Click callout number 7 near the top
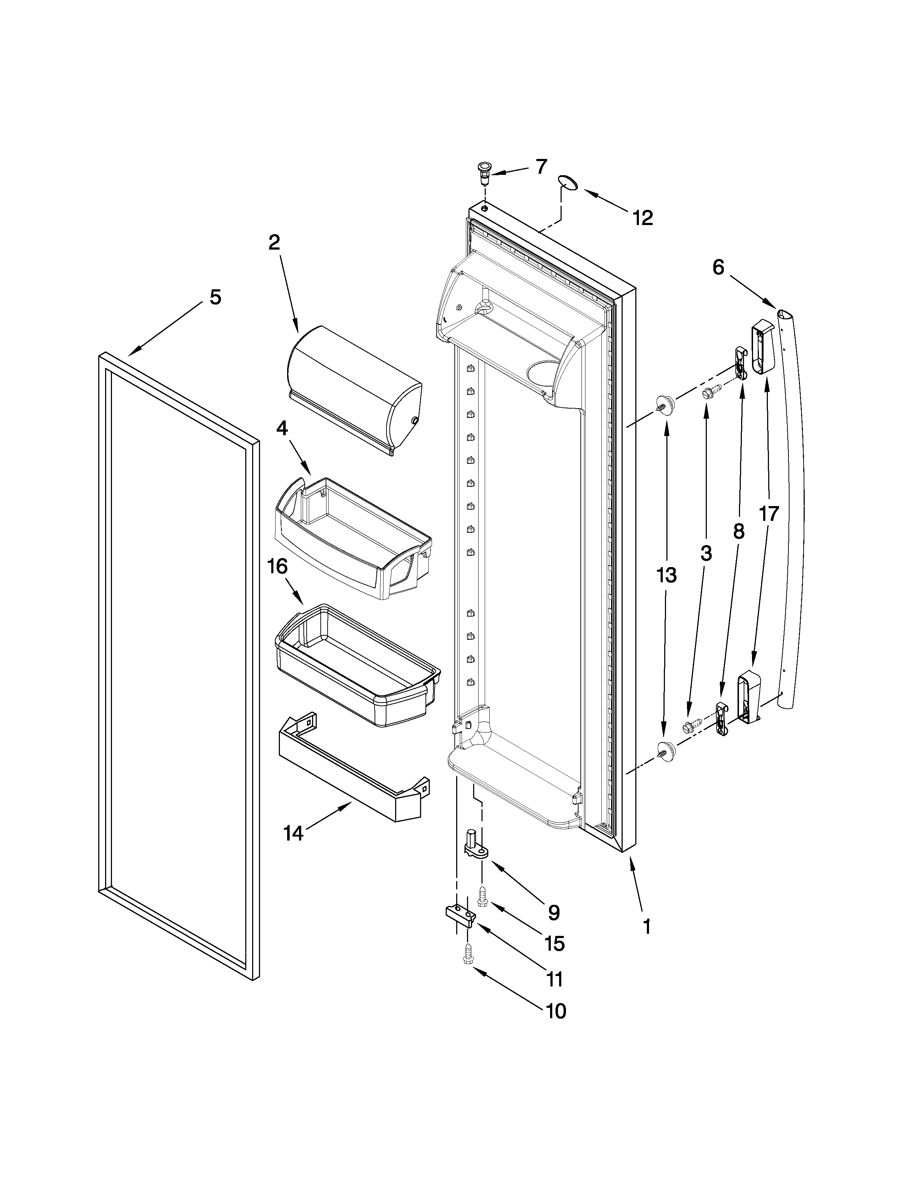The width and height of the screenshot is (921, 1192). pos(540,167)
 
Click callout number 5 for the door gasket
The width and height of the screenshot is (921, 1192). pos(216,297)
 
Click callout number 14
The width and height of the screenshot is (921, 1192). pos(294,833)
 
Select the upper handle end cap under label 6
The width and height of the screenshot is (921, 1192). pos(763,346)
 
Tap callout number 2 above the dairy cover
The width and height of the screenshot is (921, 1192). pos(274,242)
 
